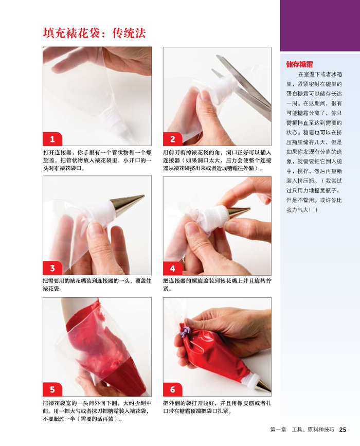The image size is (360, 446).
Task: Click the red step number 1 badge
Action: coord(52,139)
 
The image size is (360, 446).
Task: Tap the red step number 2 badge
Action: coord(173,139)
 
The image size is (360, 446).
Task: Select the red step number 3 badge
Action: coord(52,268)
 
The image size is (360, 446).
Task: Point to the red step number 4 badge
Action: coord(173,268)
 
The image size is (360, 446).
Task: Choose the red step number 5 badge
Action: coord(52,389)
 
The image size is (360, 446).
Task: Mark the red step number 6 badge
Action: coord(173,389)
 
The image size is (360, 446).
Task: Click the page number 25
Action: coord(343,430)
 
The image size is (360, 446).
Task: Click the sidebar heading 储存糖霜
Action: coord(299,64)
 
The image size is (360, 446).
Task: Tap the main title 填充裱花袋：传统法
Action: coord(95,33)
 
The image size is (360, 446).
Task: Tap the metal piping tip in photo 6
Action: coord(263,385)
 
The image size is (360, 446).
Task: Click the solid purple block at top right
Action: coord(320,26)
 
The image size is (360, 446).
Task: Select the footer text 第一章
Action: coord(278,430)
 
